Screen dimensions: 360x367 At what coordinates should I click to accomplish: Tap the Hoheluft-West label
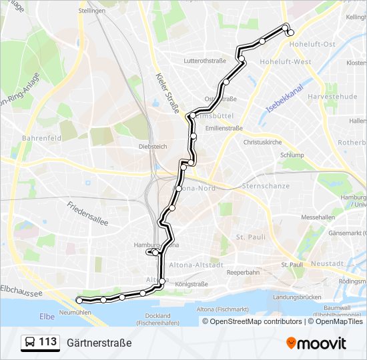click(286, 62)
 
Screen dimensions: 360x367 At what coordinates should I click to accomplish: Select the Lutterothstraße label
click(205, 61)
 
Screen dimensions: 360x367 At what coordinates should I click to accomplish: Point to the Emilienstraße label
click(224, 127)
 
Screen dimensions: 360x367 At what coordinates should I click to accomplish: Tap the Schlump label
click(291, 154)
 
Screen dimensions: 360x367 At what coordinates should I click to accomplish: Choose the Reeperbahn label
click(243, 273)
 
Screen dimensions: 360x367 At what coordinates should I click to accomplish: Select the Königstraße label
click(192, 283)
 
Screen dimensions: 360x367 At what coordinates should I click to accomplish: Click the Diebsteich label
click(152, 145)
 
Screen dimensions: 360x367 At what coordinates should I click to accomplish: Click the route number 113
click(48, 342)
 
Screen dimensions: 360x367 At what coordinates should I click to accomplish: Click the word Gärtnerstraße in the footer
click(99, 343)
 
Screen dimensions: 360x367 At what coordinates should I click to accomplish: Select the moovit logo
click(316, 343)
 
